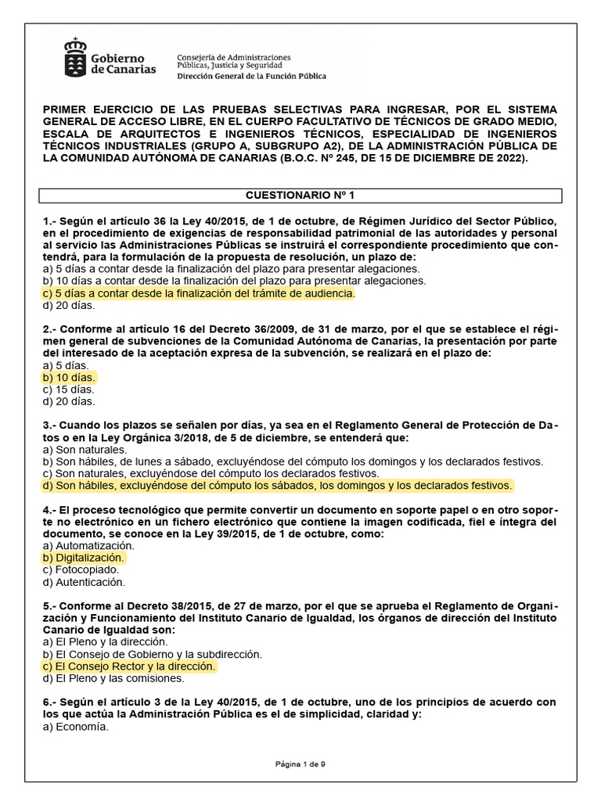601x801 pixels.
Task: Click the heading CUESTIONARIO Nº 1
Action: coord(300,195)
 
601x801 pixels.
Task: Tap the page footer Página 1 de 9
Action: coord(300,764)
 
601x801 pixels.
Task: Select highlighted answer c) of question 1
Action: coord(200,293)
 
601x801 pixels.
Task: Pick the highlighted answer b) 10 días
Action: coord(69,377)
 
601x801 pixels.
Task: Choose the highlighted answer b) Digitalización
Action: coord(84,558)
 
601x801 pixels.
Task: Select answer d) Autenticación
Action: coord(84,582)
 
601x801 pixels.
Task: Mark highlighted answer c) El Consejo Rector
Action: coord(129,666)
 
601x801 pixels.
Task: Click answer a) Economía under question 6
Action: coord(76,727)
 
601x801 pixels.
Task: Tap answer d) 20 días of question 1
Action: coord(69,305)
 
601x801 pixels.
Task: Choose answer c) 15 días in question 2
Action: coord(69,390)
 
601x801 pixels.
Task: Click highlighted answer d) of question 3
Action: coord(278,486)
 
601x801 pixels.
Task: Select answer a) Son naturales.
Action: coord(85,450)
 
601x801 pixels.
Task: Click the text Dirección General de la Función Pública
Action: coord(251,77)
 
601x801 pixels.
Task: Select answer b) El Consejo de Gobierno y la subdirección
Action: coord(153,654)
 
